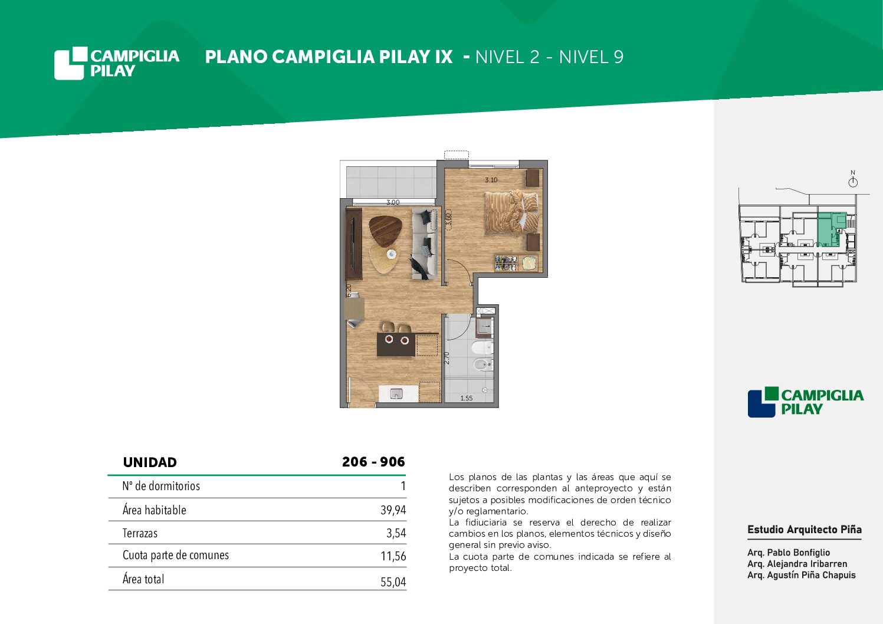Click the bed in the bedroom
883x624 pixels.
(511, 213)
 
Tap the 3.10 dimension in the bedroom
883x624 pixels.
(491, 180)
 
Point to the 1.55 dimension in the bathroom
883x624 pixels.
(467, 398)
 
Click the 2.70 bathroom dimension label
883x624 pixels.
(447, 358)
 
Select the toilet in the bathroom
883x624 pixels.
(481, 347)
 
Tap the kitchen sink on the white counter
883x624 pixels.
(396, 393)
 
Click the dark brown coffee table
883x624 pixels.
(385, 231)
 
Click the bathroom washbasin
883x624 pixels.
(484, 327)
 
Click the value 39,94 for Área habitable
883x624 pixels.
(393, 510)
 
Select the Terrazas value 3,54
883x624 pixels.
(396, 533)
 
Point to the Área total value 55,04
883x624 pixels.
(393, 582)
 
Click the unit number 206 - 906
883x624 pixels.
(373, 462)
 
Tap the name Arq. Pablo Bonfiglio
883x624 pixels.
(789, 552)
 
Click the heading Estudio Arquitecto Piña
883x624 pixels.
(804, 530)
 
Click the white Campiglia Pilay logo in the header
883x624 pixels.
(117, 63)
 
